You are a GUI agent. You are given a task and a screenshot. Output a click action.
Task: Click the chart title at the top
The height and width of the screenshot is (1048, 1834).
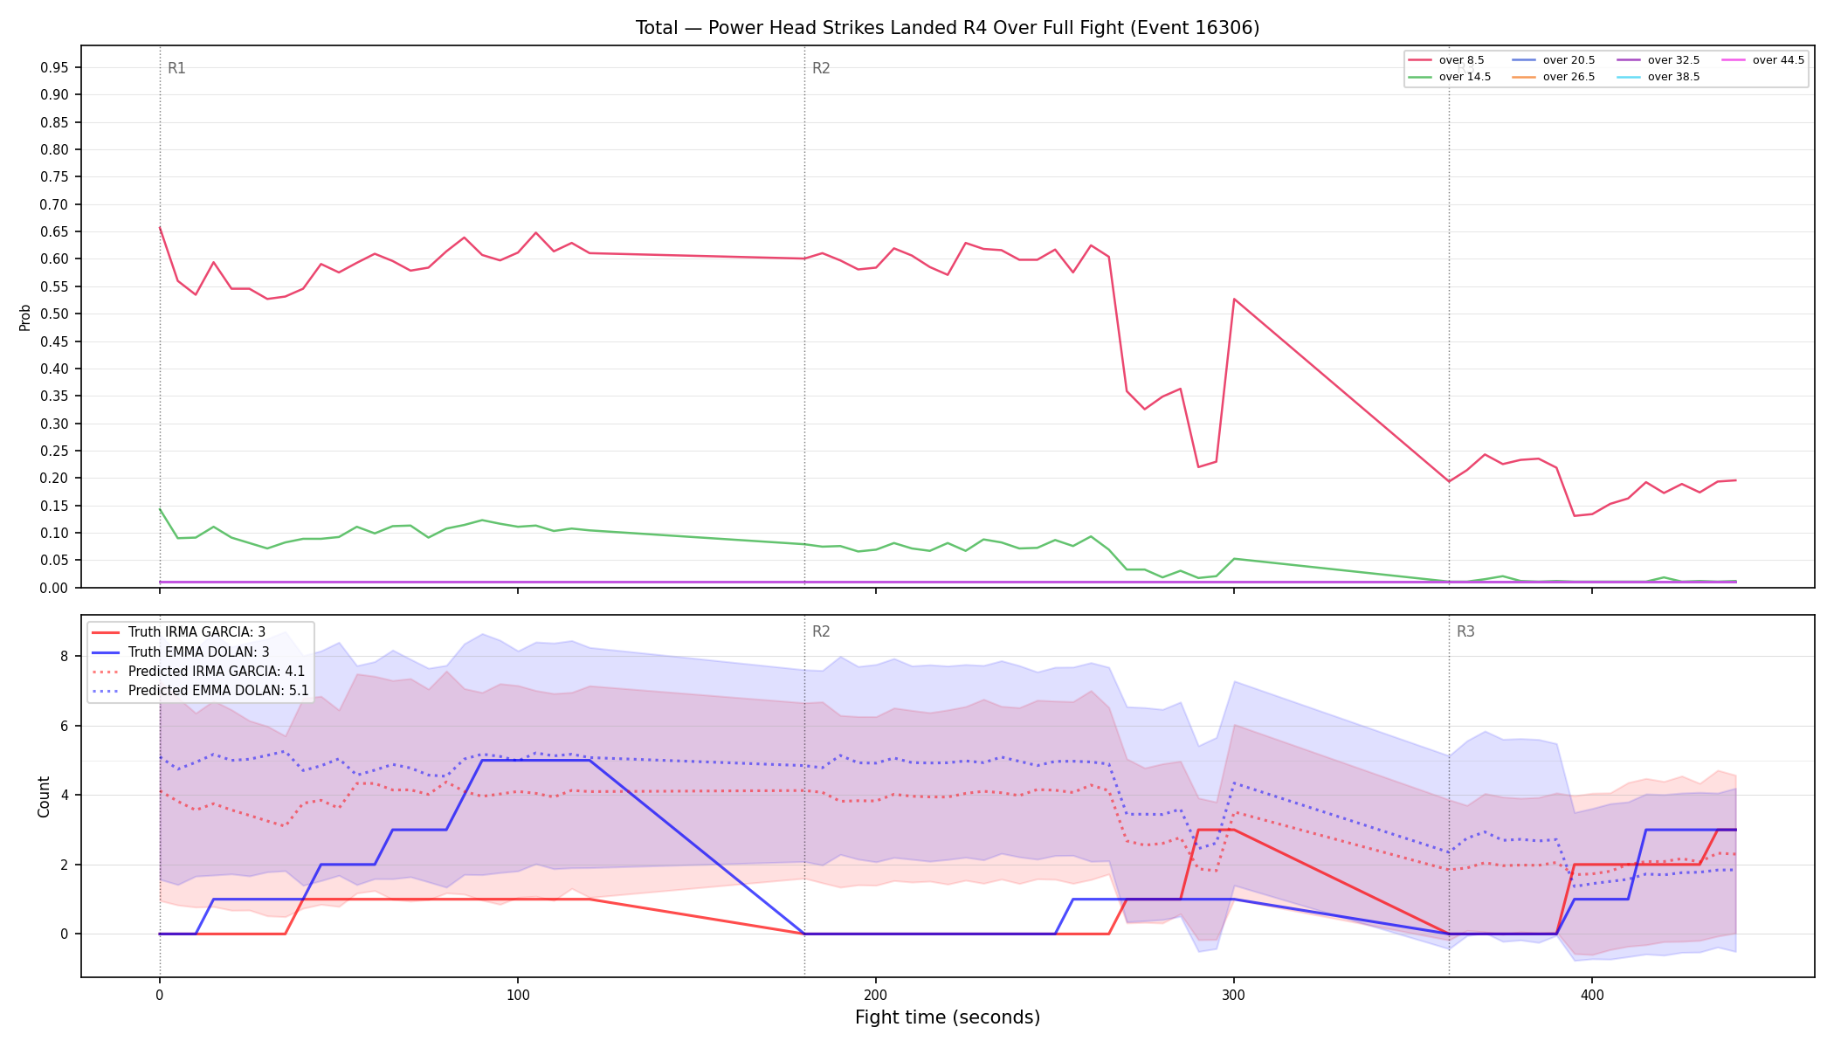[x=948, y=28]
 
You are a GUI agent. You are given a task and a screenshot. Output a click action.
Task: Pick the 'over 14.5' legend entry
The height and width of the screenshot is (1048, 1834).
[x=1450, y=77]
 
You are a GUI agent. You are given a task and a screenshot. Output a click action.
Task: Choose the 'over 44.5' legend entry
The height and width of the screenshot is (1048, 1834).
[x=1763, y=60]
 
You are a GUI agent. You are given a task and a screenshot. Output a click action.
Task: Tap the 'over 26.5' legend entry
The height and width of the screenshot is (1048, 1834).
[x=1554, y=77]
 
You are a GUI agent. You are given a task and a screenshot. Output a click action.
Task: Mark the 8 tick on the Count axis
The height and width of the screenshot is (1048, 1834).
[x=65, y=656]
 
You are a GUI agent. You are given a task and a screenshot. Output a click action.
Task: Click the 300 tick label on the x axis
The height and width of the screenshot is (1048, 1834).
[x=1233, y=995]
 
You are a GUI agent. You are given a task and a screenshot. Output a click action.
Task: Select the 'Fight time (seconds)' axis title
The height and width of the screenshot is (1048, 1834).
[x=948, y=1017]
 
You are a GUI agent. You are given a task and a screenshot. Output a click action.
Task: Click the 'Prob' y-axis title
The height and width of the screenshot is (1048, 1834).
[x=25, y=317]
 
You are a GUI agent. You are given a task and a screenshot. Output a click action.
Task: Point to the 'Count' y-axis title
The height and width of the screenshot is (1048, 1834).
[x=44, y=796]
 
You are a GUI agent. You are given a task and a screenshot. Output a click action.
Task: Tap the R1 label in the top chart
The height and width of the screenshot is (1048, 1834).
[x=176, y=68]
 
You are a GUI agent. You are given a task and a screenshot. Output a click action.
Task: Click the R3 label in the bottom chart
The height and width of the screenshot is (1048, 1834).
[x=1465, y=631]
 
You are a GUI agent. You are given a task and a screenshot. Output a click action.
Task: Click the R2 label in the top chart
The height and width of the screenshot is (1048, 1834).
[x=821, y=68]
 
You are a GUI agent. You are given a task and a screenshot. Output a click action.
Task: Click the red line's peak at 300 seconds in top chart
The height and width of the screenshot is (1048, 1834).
[x=1234, y=299]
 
